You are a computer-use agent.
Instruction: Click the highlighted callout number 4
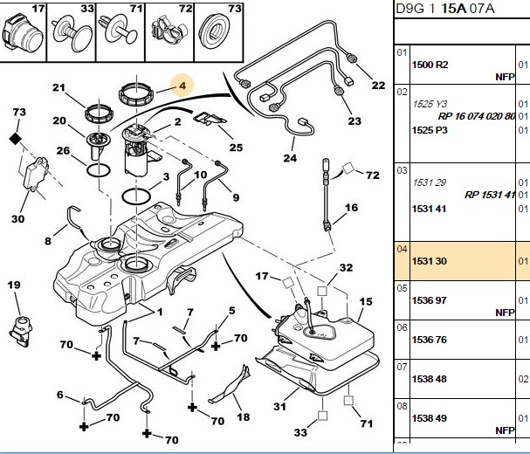(182, 86)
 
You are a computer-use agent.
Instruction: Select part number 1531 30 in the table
(430, 261)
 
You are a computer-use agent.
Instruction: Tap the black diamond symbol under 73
(16, 139)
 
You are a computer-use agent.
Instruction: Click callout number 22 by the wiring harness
(378, 86)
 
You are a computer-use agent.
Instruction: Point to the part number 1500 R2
(430, 65)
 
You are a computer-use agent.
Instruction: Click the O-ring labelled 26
(99, 170)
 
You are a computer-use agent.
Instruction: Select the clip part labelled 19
(21, 331)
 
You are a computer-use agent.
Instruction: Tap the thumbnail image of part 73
(215, 33)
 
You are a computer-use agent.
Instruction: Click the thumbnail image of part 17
(23, 33)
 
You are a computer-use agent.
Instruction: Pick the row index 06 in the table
(402, 327)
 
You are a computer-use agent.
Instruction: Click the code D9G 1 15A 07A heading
(444, 9)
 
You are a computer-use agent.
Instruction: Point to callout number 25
(236, 148)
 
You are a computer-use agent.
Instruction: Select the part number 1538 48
(430, 379)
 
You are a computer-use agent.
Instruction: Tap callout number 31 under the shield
(279, 406)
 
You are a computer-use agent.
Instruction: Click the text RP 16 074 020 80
(476, 116)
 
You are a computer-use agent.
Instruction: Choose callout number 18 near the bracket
(243, 417)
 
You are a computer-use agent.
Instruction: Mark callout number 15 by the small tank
(366, 301)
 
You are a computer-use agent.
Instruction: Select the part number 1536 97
(430, 300)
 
